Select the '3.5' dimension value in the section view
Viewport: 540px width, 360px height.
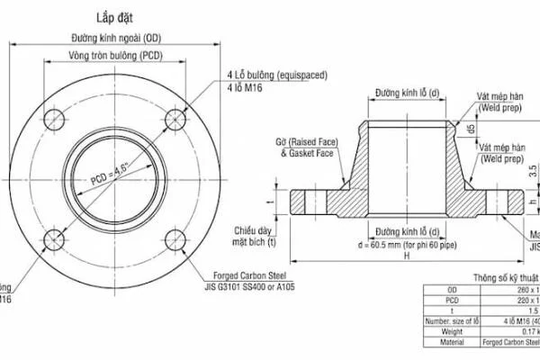tap(532, 168)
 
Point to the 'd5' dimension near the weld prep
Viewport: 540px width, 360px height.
tap(472, 129)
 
